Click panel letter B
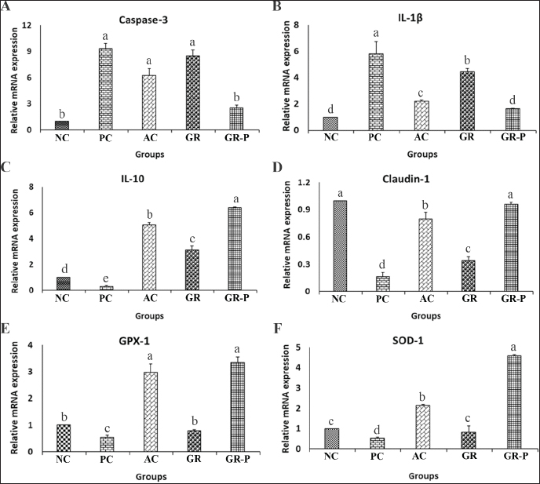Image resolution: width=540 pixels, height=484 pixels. [276, 7]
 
